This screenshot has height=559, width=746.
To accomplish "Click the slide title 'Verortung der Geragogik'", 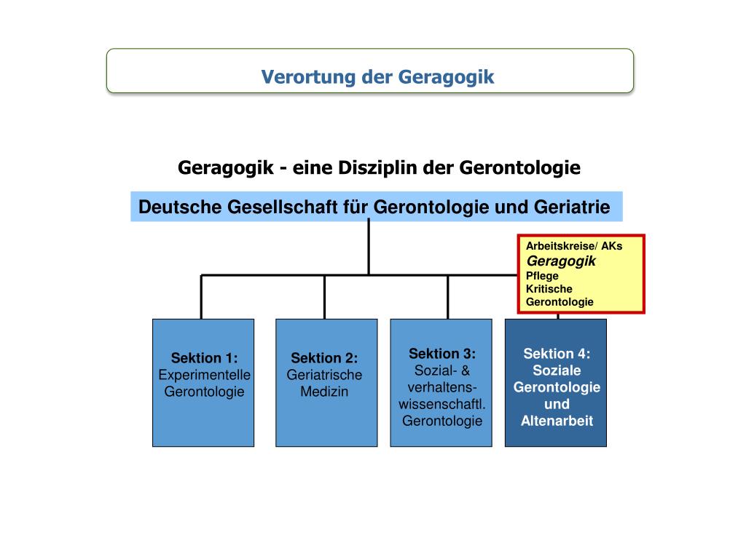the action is [x=377, y=76].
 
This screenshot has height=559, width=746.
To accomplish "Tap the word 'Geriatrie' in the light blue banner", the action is [x=575, y=207].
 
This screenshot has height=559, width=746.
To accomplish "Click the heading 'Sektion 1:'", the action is [x=204, y=358].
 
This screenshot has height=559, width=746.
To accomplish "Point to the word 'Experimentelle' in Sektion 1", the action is [x=204, y=375].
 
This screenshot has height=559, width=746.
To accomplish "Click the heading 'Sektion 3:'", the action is [x=442, y=354].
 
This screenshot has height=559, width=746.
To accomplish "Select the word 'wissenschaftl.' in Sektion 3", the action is [x=442, y=404].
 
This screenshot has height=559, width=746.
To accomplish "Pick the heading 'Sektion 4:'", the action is [x=557, y=354].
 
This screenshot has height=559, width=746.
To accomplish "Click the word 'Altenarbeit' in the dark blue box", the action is [x=557, y=421].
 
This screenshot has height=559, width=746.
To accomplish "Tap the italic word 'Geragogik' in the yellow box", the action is [x=561, y=261].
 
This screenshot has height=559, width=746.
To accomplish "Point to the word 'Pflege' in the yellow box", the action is [x=542, y=276].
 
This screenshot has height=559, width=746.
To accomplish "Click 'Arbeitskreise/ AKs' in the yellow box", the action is [x=574, y=246].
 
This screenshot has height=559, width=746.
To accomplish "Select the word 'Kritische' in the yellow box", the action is [x=549, y=289].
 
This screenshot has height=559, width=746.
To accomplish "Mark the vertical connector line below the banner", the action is [x=369, y=247].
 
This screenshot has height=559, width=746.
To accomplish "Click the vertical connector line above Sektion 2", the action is [x=324, y=297].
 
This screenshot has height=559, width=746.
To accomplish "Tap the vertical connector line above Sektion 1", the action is [x=201, y=297].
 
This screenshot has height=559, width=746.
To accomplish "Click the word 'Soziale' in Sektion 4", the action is [x=557, y=370].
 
